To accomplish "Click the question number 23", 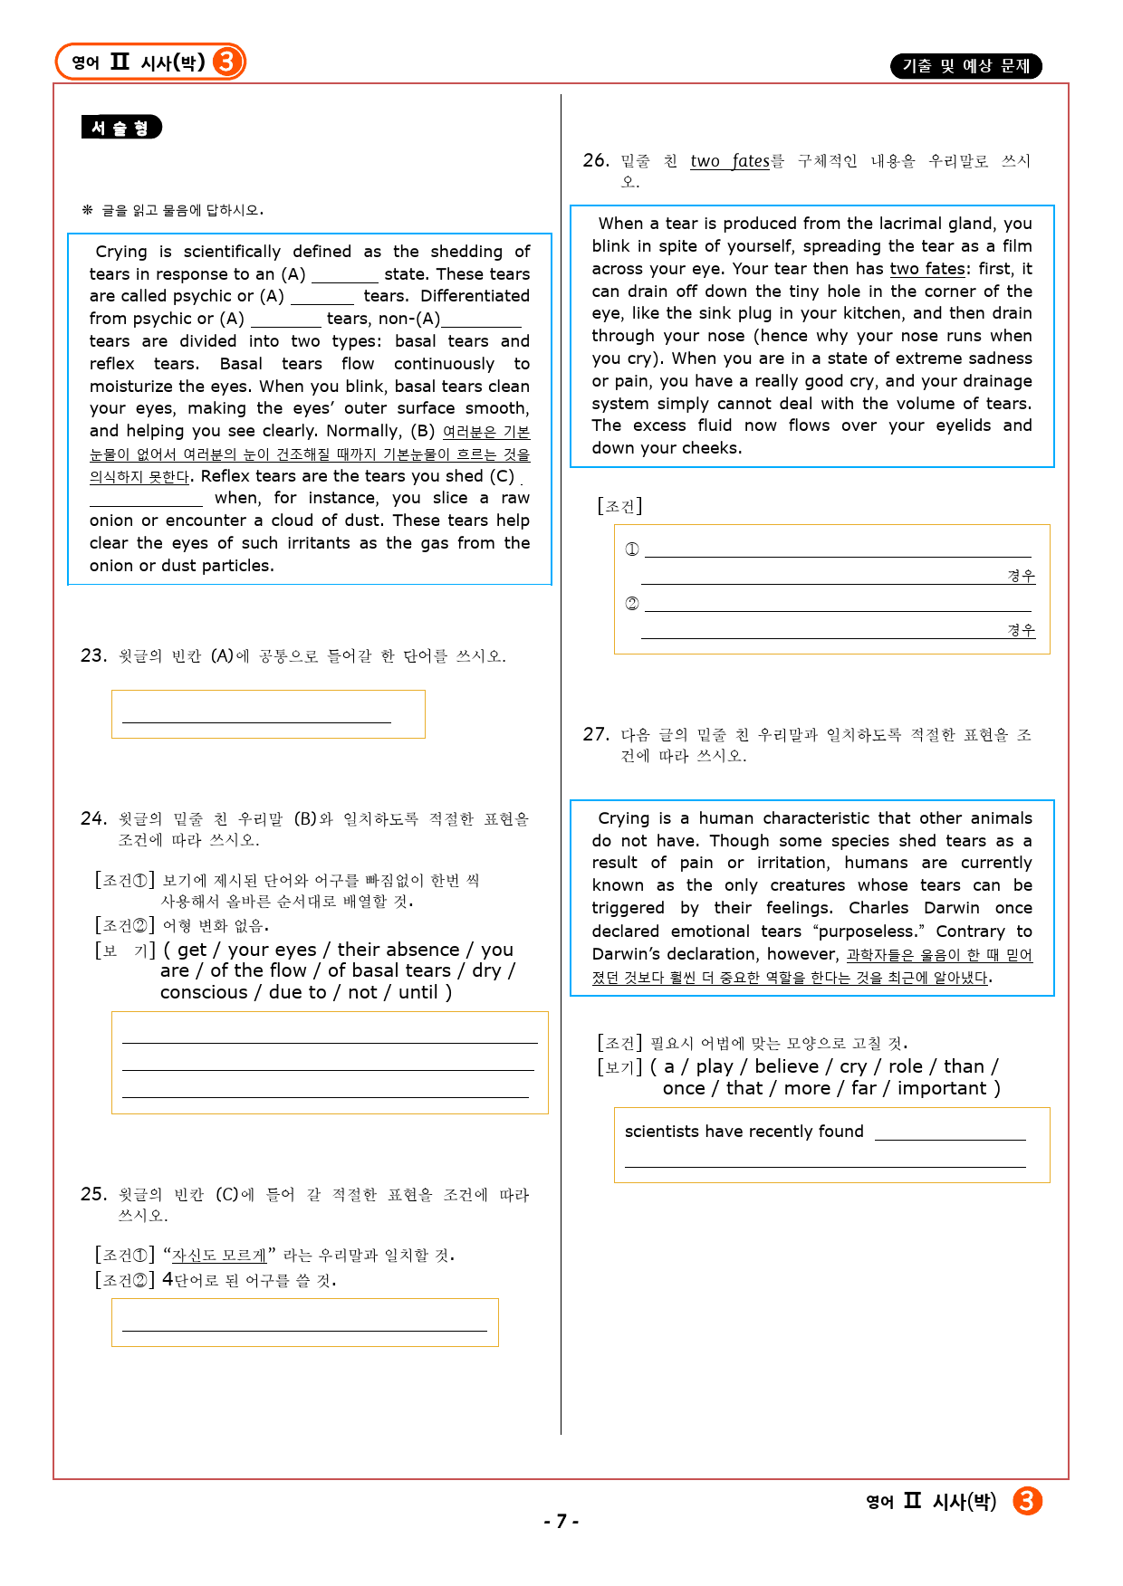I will coord(93,655).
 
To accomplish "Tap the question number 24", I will coord(93,818).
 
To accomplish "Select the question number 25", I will coord(93,1194).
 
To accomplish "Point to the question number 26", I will coord(595,160).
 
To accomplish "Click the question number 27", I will coord(595,734).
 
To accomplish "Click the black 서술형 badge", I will coord(121,128).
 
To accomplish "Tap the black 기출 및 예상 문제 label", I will coord(965,66).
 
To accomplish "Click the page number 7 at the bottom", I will coord(561,1521).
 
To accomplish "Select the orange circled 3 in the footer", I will coord(1027,1501).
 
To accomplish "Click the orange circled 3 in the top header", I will coord(227,62).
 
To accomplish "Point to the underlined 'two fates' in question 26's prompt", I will coord(729,161).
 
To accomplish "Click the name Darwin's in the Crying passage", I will coord(627,954).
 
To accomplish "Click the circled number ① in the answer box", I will coord(632,549).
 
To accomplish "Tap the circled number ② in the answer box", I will coord(632,604).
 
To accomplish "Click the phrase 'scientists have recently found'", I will coord(744,1132).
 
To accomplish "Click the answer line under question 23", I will coord(256,721).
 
